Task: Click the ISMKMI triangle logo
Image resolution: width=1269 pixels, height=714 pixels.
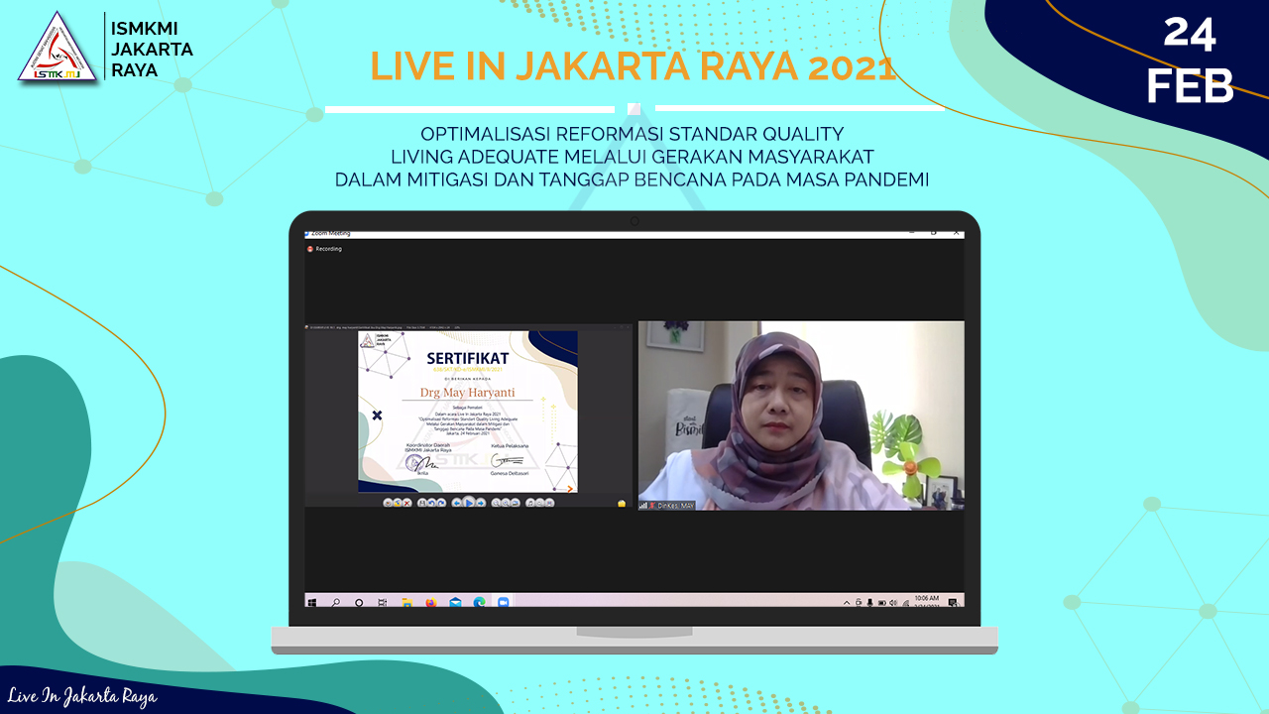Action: pyautogui.click(x=58, y=47)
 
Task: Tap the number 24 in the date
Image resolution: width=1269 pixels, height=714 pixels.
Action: pyautogui.click(x=1190, y=34)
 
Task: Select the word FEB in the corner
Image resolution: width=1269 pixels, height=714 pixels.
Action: pyautogui.click(x=1190, y=87)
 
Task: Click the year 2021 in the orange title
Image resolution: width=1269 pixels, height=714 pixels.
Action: pyautogui.click(x=852, y=66)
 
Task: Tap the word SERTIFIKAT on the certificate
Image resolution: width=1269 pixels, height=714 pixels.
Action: pyautogui.click(x=468, y=357)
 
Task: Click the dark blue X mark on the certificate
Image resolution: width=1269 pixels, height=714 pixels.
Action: pyautogui.click(x=377, y=416)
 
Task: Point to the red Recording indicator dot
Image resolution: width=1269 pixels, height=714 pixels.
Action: pyautogui.click(x=310, y=249)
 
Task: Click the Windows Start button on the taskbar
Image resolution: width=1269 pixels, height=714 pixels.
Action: pyautogui.click(x=312, y=602)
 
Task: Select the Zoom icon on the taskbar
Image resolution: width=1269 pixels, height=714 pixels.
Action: pyautogui.click(x=503, y=602)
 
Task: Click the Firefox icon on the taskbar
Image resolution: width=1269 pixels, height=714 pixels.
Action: pyautogui.click(x=431, y=602)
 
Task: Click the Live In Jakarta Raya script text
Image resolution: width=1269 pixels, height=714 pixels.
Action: pyautogui.click(x=82, y=697)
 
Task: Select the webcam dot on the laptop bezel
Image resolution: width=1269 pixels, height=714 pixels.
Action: pyautogui.click(x=634, y=221)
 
